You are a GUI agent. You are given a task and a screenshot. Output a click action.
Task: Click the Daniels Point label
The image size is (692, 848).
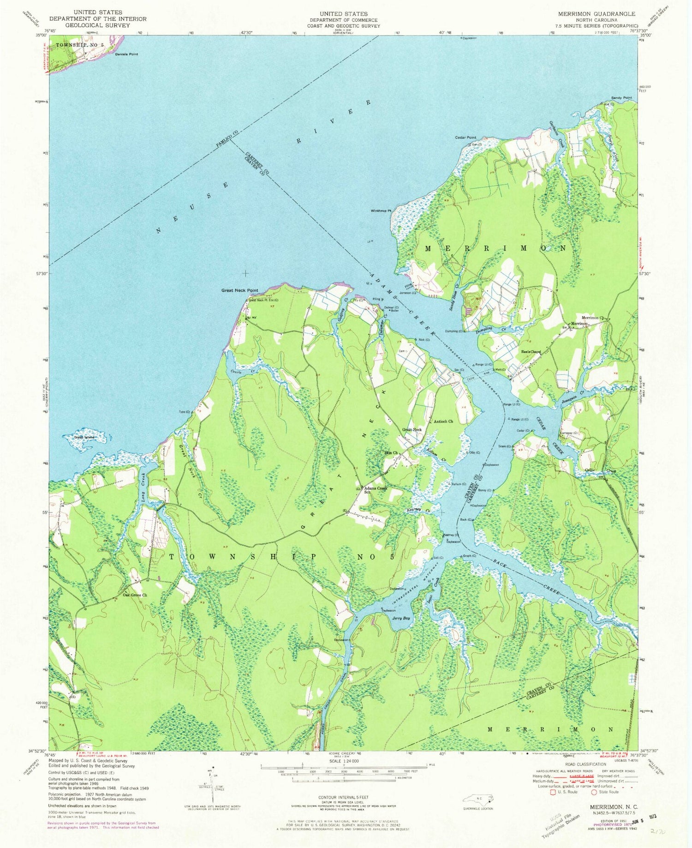coord(126,54)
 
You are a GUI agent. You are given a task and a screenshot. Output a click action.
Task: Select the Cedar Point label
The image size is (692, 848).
coord(465,138)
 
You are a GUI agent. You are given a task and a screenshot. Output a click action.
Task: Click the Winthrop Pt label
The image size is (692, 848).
coord(381,210)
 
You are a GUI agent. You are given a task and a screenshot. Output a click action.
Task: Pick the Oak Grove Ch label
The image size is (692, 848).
coord(135,595)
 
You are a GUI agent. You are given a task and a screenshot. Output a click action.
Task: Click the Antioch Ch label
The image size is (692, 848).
coord(443,421)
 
